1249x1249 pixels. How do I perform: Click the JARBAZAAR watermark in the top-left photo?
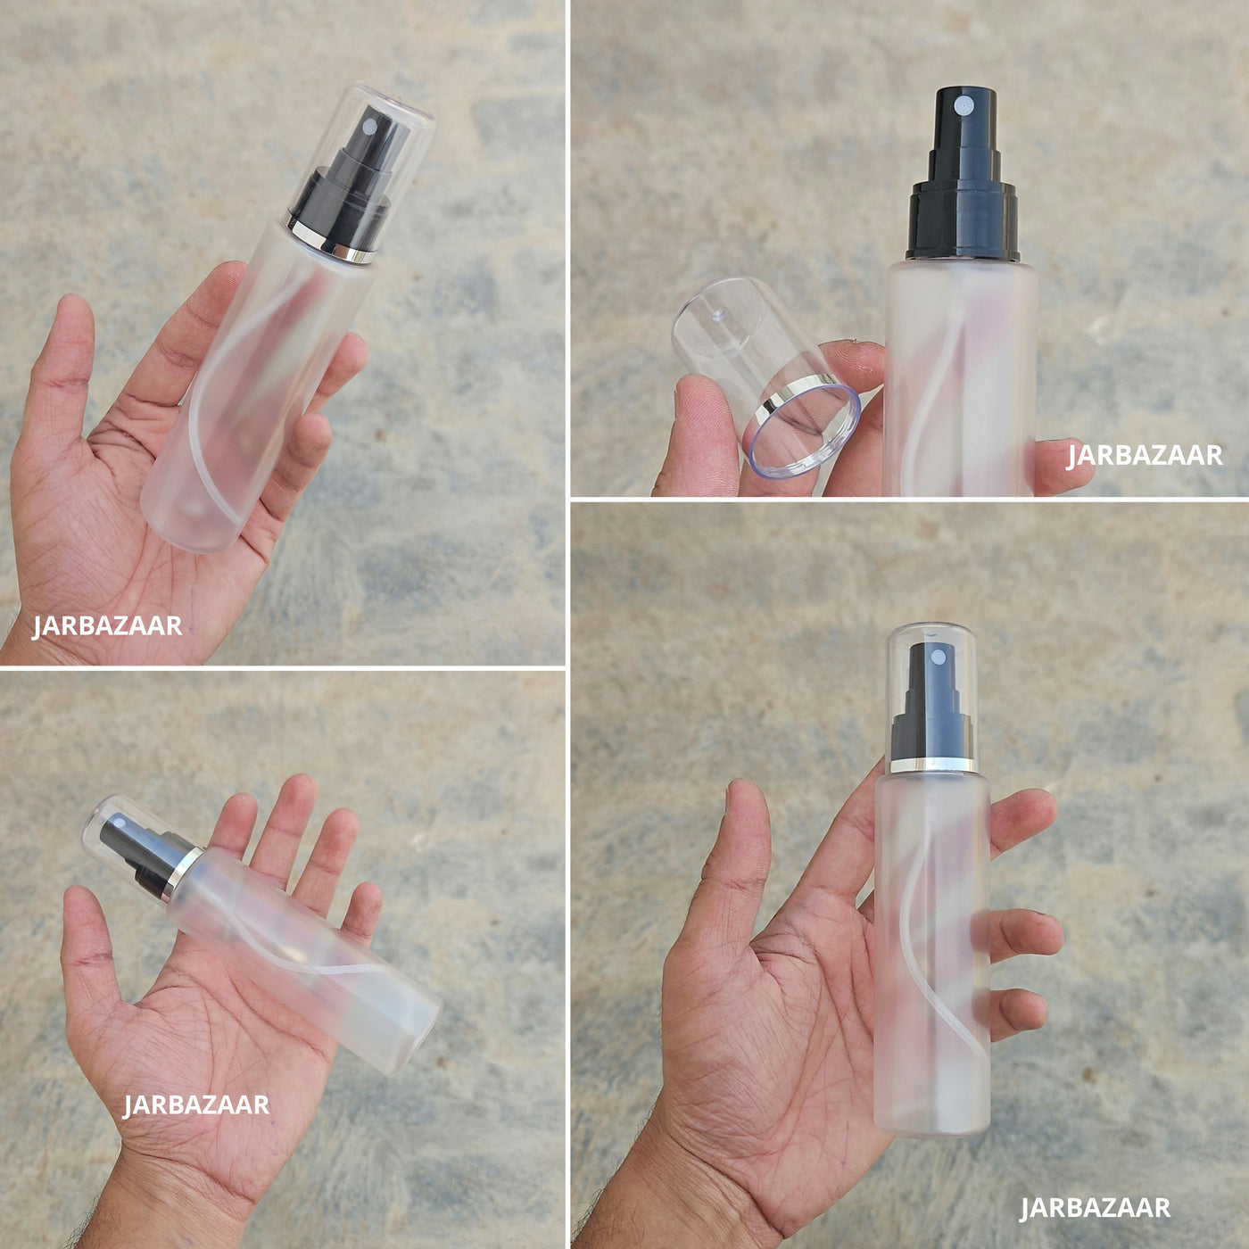107,626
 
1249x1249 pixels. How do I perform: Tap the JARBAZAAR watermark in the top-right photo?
1145,456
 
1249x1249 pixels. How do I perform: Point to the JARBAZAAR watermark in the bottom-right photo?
1095,1208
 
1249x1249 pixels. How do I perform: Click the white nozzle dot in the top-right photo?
964,104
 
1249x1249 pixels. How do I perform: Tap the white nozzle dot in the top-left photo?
369,127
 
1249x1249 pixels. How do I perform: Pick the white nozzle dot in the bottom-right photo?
938,658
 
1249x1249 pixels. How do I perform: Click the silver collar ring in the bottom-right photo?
934,765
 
